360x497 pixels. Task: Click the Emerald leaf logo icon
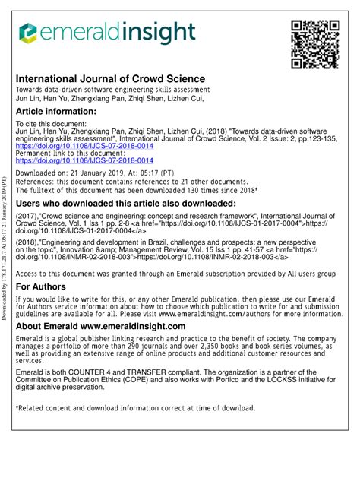coord(28,32)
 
